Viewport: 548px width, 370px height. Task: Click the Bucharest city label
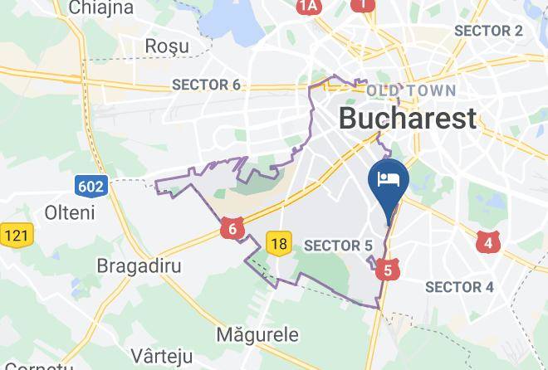click(x=408, y=118)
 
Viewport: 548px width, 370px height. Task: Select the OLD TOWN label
click(x=411, y=90)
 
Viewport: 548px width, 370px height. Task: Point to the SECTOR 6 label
click(x=206, y=85)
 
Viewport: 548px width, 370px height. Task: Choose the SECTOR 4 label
click(x=459, y=287)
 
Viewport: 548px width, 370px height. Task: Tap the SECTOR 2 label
click(x=488, y=31)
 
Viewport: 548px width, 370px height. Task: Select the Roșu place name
click(x=169, y=46)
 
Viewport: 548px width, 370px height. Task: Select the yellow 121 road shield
click(x=16, y=236)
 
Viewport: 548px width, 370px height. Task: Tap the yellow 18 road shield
click(x=280, y=242)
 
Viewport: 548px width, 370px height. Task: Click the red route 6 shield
click(x=232, y=230)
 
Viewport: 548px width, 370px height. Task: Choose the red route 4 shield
click(x=488, y=242)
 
